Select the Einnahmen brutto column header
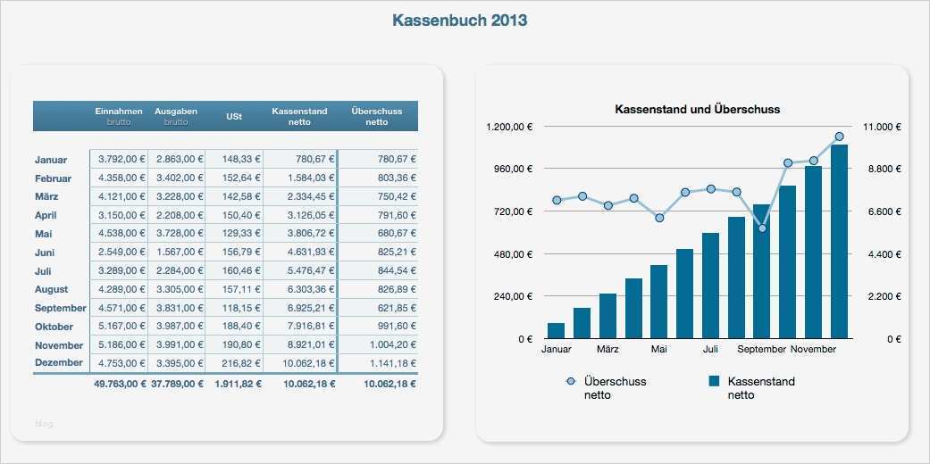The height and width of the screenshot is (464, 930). point(119,116)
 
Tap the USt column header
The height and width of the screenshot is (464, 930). point(233,117)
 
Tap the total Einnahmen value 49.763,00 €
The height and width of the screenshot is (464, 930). point(113,384)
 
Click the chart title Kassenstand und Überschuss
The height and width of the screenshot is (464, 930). point(697,110)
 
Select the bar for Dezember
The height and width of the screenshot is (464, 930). point(839,242)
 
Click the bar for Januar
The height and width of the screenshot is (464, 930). point(556,330)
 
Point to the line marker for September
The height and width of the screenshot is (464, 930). point(762,228)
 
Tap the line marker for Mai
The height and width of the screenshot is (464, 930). point(659,218)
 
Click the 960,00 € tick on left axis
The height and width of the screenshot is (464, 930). point(512,169)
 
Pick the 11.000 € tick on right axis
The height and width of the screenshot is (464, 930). point(881,127)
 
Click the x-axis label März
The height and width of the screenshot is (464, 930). point(607,350)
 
